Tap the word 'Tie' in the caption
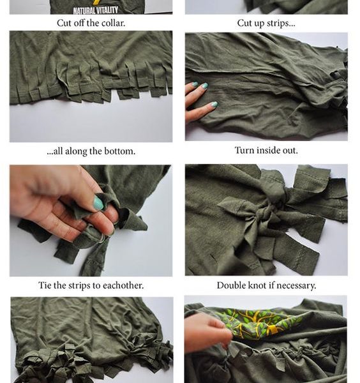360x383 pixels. (45, 285)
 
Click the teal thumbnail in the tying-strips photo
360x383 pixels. (98, 204)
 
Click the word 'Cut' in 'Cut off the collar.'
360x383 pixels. (63, 23)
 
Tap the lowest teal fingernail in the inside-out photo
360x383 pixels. (214, 104)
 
